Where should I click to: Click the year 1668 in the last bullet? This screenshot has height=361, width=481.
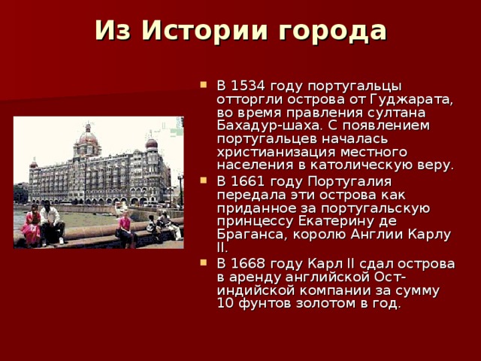pos(246,264)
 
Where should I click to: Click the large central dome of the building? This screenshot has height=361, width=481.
pos(89,138)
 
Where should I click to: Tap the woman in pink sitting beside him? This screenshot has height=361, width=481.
pos(32,226)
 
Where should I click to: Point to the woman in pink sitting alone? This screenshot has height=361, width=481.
pos(124,229)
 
